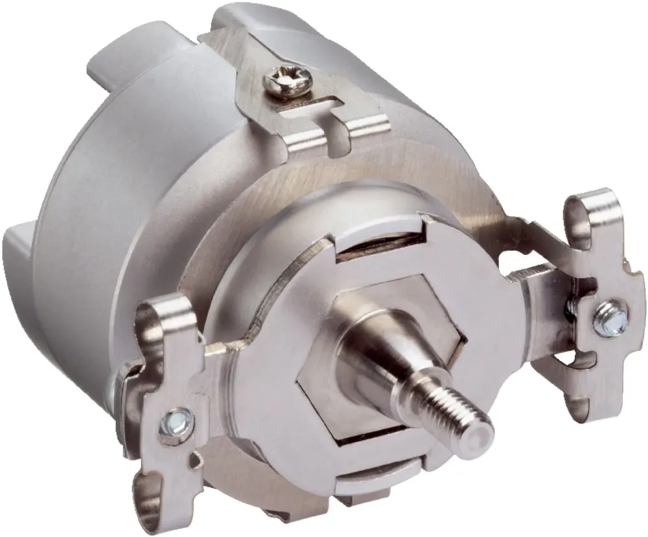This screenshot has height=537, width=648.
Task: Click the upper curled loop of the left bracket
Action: [162, 318]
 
